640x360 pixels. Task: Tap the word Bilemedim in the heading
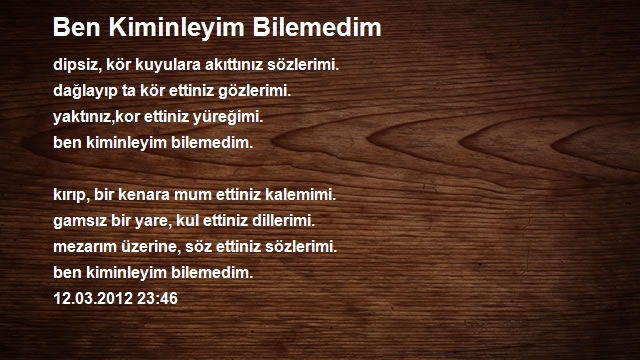317,27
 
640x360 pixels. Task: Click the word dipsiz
77,65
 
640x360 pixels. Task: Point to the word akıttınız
234,64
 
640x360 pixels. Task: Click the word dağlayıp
85,91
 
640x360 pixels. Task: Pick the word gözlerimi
254,91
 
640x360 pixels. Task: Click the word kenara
144,194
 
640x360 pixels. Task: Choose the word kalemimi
300,194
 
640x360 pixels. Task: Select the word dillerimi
283,220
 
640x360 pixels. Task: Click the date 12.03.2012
93,299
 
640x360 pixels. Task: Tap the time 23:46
158,299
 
